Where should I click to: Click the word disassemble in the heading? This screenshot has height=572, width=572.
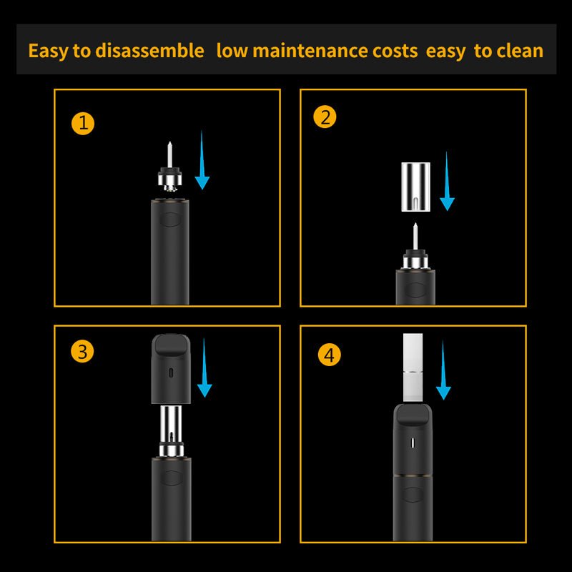pyautogui.click(x=149, y=50)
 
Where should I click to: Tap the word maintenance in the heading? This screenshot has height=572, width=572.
pyautogui.click(x=310, y=50)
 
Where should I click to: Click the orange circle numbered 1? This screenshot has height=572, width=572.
pyautogui.click(x=83, y=124)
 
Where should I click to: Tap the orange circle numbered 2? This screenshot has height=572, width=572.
pyautogui.click(x=325, y=117)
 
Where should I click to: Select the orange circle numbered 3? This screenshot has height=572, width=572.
pyautogui.click(x=82, y=351)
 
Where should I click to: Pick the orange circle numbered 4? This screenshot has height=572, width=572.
pyautogui.click(x=329, y=355)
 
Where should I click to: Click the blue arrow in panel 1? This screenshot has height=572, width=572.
pyautogui.click(x=202, y=159)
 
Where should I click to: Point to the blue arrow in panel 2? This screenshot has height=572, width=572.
pyautogui.click(x=447, y=181)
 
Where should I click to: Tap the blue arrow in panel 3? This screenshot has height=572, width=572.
pyautogui.click(x=204, y=368)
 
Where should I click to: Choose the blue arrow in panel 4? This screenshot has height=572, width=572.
pyautogui.click(x=443, y=370)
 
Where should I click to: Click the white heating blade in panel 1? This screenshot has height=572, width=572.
pyautogui.click(x=169, y=154)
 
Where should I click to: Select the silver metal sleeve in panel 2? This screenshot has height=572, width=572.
pyautogui.click(x=415, y=187)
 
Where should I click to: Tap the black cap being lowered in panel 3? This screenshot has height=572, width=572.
pyautogui.click(x=171, y=369)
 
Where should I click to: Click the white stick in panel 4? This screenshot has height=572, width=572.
pyautogui.click(x=413, y=368)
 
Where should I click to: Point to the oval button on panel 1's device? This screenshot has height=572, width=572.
pyautogui.click(x=170, y=220)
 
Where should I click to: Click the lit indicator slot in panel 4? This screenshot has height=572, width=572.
pyautogui.click(x=413, y=443)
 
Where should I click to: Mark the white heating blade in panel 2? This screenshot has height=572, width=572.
pyautogui.click(x=415, y=237)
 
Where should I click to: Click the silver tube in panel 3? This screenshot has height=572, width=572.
pyautogui.click(x=171, y=424)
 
